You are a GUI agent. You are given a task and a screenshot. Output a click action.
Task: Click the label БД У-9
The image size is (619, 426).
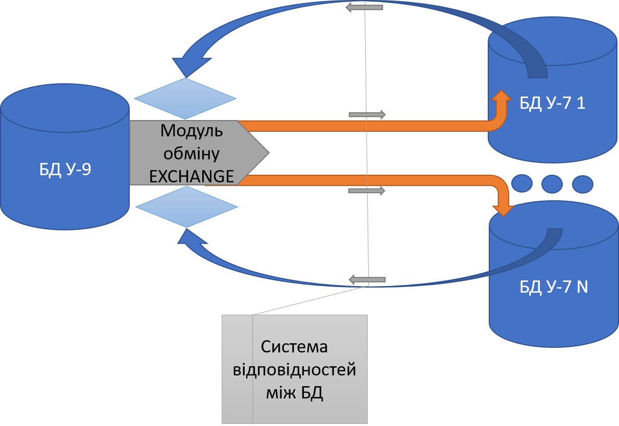pos(65,169)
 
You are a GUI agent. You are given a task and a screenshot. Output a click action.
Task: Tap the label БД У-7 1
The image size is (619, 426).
pos(553,103)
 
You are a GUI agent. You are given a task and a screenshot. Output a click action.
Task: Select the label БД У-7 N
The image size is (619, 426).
pos(554,287)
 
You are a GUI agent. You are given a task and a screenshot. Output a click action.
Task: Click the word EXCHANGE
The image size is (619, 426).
pos(192,176)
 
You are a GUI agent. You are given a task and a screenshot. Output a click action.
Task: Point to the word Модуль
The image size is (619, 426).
pos(192,131)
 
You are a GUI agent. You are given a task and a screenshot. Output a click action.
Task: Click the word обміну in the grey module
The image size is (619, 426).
pos(192,153)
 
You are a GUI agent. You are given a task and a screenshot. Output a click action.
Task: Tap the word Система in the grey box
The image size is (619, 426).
pos(294,347)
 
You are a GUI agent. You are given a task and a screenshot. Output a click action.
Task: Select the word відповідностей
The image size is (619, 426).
pos(294,370)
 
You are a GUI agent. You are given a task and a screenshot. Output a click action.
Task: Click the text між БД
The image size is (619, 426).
pos(294,393)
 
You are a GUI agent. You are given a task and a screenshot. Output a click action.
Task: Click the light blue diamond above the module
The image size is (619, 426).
pos(185,99)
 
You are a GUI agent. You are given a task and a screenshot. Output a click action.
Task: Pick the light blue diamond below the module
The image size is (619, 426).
pos(186,207)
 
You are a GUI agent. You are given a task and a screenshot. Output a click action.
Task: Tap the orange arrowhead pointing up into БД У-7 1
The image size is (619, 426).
pos(502,96)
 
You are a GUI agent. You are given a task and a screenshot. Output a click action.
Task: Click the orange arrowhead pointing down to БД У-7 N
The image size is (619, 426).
pos(503,211)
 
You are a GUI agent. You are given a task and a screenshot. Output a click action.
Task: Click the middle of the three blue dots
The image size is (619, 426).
pos(552,184)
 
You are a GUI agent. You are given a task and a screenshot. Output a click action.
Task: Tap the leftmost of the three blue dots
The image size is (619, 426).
pos(522,183)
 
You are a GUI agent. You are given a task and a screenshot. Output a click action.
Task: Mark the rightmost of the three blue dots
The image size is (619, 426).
pos(583,184)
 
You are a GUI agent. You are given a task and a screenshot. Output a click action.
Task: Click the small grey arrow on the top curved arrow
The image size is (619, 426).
pos(364,8)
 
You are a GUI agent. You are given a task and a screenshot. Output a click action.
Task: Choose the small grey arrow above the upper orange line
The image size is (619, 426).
pos(367,114)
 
